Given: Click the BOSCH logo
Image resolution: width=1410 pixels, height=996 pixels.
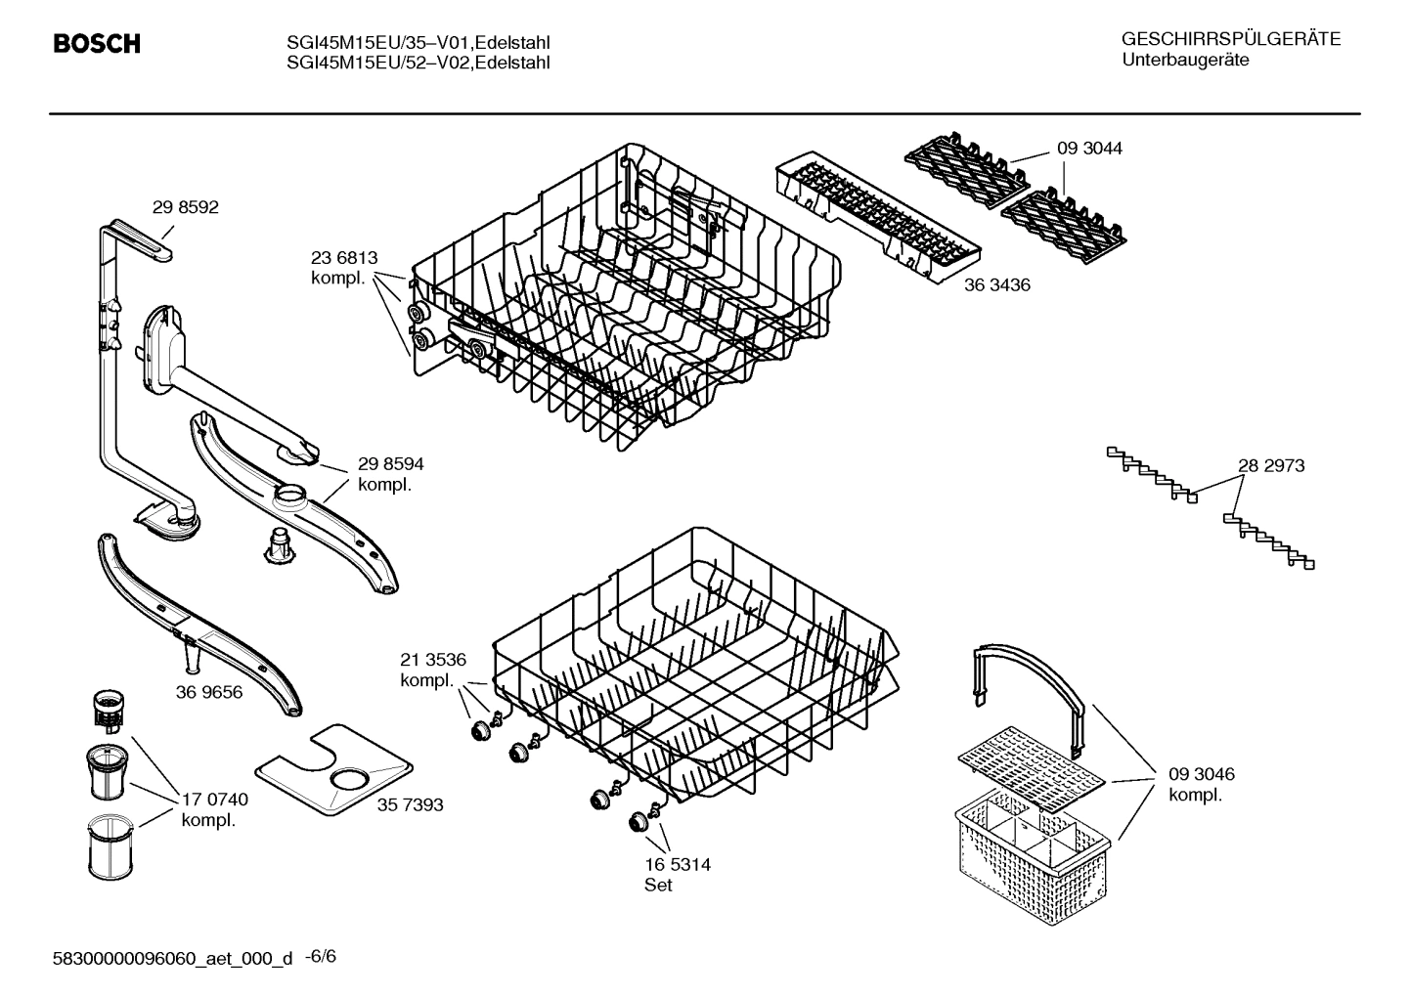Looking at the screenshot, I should coord(96,44).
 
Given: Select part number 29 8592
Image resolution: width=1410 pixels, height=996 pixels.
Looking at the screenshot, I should coord(185,207).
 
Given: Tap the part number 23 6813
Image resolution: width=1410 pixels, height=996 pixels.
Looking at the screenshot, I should coord(343,258).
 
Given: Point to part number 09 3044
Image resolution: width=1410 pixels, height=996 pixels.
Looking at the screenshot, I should coord(1089,149).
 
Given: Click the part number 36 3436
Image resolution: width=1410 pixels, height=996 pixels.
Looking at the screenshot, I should coord(996,285).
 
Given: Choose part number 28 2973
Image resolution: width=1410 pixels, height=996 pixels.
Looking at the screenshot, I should coord(1271,466).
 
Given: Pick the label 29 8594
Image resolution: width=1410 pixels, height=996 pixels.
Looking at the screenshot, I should coord(390,465).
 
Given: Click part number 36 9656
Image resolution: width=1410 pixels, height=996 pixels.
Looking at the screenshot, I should coord(209,692).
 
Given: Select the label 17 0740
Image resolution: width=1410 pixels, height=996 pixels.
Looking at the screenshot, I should coord(214,800).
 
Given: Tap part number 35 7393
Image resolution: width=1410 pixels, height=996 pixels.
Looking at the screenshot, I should coord(410,804).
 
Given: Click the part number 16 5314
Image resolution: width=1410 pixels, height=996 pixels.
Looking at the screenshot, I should coord(677,865).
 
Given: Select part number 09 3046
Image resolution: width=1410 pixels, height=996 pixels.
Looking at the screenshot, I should coord(1202,774).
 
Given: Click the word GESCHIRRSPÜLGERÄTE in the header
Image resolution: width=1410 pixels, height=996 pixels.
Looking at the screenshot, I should coord(1231,40).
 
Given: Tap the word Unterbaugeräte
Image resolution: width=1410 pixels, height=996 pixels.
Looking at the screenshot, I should coord(1185,61).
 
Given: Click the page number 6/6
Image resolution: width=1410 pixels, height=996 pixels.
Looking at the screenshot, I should coord(322,956).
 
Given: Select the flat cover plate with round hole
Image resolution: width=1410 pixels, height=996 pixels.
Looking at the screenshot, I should coord(331,771).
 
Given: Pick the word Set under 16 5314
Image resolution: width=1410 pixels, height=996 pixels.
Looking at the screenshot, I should coord(658,886).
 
